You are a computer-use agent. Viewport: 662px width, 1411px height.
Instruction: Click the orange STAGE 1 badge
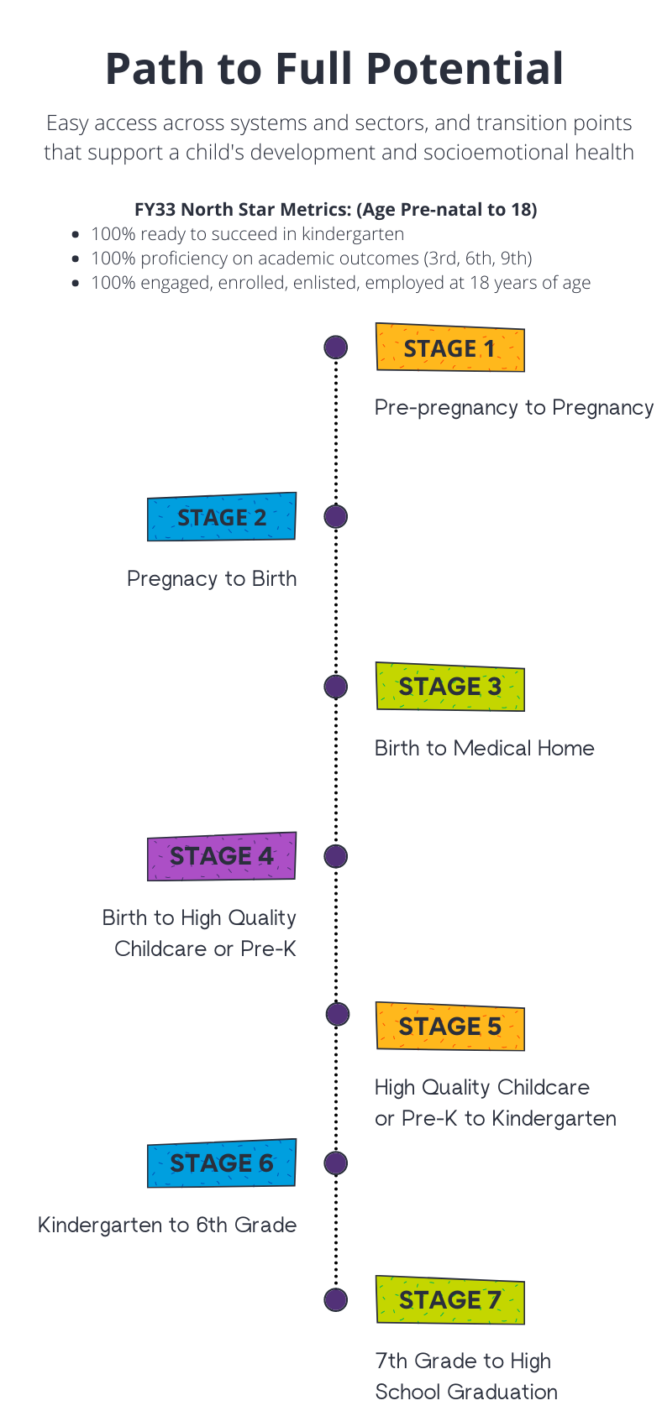449,348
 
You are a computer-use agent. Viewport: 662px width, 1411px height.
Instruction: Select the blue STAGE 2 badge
222,517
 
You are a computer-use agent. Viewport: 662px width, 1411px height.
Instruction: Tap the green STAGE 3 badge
449,687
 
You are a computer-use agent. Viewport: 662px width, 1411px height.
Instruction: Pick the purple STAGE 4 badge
222,856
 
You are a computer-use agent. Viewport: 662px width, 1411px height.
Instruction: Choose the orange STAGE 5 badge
449,1026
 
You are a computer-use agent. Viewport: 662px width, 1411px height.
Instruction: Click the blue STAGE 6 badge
222,1163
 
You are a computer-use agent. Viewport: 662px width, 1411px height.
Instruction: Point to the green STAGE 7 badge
449,1300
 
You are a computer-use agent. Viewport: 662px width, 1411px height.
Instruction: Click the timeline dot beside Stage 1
336,347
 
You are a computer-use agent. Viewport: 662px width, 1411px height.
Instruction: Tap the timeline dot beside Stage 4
336,856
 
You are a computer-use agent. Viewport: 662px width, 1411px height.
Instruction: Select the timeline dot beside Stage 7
336,1300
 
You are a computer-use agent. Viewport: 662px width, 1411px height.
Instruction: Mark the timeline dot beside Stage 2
336,516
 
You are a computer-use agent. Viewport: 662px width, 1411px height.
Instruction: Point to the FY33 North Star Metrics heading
335,209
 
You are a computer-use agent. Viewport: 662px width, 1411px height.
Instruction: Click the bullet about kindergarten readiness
247,234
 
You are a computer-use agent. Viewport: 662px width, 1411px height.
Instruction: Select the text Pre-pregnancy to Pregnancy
513,408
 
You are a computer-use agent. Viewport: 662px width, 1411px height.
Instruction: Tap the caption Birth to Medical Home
484,748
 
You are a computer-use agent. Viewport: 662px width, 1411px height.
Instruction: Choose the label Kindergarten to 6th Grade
167,1225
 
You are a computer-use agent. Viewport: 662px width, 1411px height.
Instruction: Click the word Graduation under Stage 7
502,1392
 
